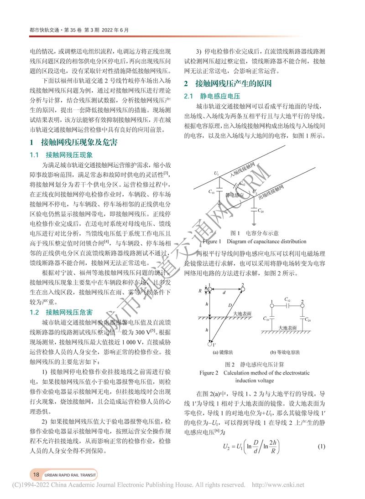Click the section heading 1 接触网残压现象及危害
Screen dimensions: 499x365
pos(73,143)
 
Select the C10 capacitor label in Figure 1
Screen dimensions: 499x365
pos(211,192)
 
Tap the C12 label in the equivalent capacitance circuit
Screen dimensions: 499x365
pos(287,299)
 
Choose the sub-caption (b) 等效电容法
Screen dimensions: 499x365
pos(288,352)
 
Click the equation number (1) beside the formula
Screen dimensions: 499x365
pos(321,445)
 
